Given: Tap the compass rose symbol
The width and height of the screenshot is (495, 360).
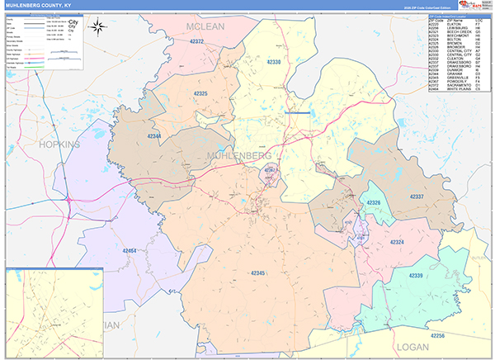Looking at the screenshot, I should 98,26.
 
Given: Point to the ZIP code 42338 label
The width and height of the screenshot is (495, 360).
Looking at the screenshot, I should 274,62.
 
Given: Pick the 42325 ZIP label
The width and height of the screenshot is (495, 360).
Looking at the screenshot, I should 200,93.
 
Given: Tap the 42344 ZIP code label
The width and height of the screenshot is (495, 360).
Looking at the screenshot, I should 155,135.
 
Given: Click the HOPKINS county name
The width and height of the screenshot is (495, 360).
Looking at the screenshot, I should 58,144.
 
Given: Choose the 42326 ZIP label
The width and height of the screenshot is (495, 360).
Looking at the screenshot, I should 373,203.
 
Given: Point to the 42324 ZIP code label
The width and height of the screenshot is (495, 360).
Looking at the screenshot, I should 397,242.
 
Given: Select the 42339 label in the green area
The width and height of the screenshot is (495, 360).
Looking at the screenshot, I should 415,275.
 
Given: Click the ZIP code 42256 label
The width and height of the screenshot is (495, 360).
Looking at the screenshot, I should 438,335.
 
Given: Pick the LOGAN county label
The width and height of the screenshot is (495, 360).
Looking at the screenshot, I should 413,348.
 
